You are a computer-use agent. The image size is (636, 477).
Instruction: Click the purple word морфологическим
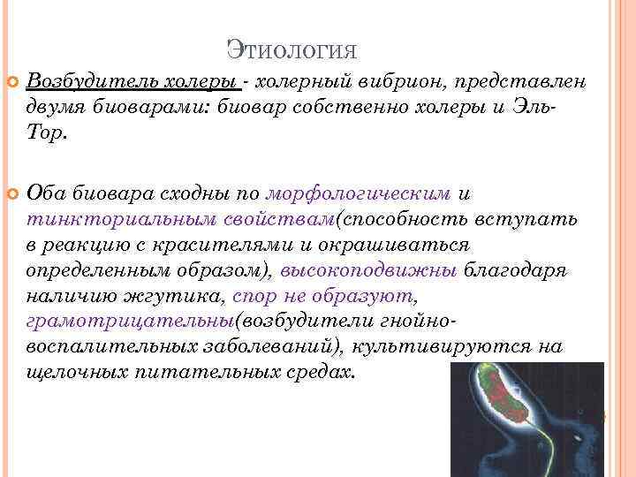point(360,193)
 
